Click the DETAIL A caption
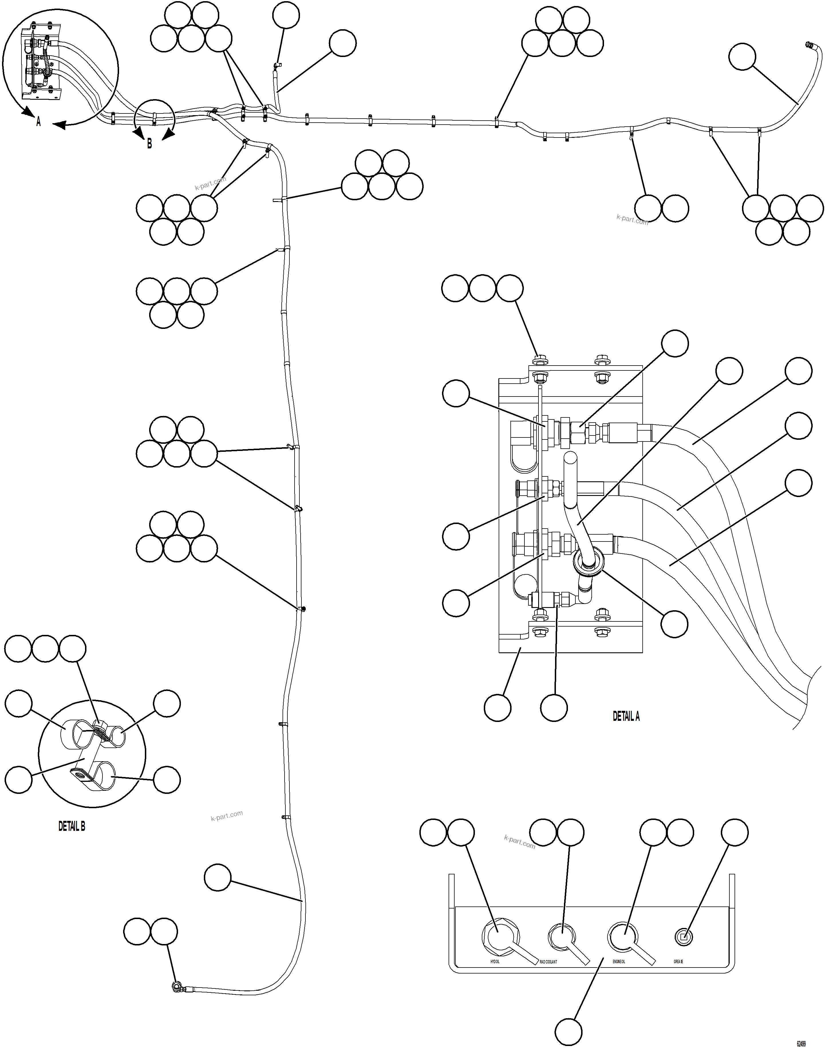coord(626,717)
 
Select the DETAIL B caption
coord(72,827)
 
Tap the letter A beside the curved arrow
coord(39,122)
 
